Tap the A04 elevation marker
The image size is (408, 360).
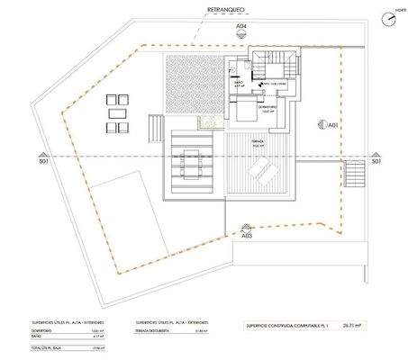(x=240, y=28)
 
